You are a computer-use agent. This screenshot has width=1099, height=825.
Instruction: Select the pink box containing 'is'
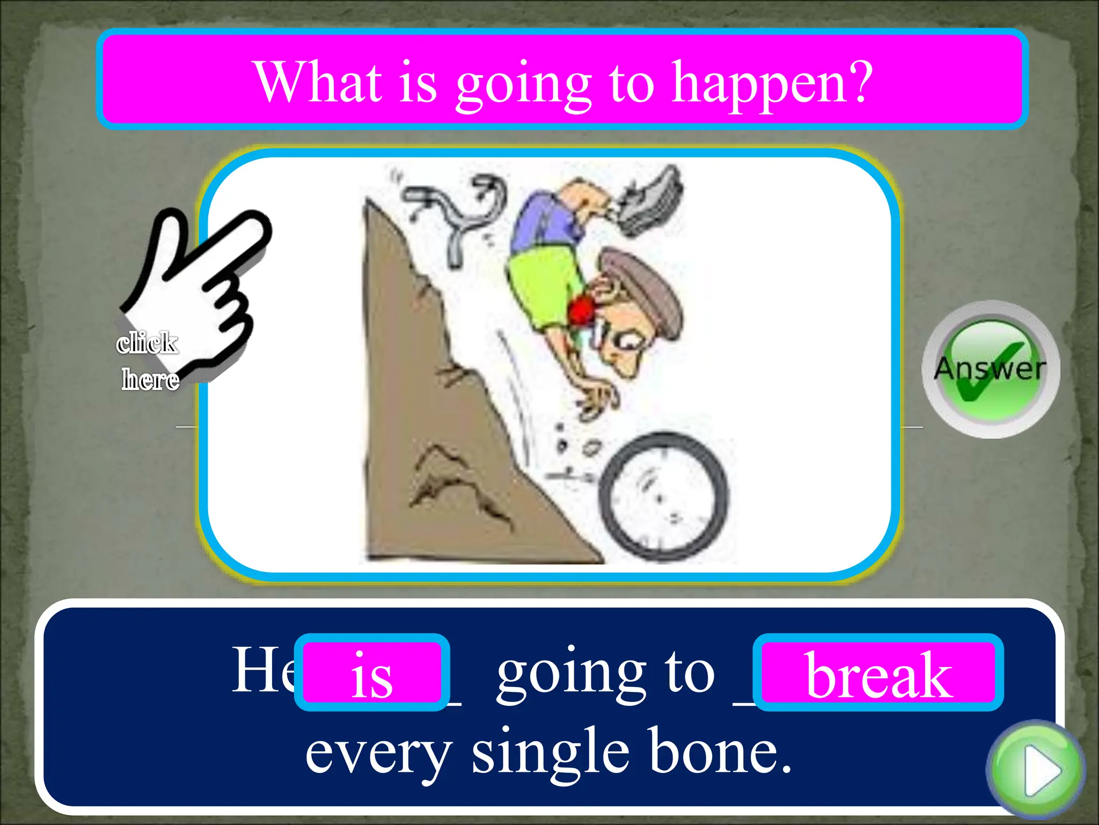click(x=372, y=672)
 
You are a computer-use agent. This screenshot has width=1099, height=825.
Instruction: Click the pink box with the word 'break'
click(x=878, y=672)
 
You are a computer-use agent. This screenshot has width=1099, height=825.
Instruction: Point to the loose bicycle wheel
click(x=664, y=497)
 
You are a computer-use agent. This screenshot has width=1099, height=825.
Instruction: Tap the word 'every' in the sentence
click(x=378, y=752)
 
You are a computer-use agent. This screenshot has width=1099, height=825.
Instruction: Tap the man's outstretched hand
click(x=598, y=397)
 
